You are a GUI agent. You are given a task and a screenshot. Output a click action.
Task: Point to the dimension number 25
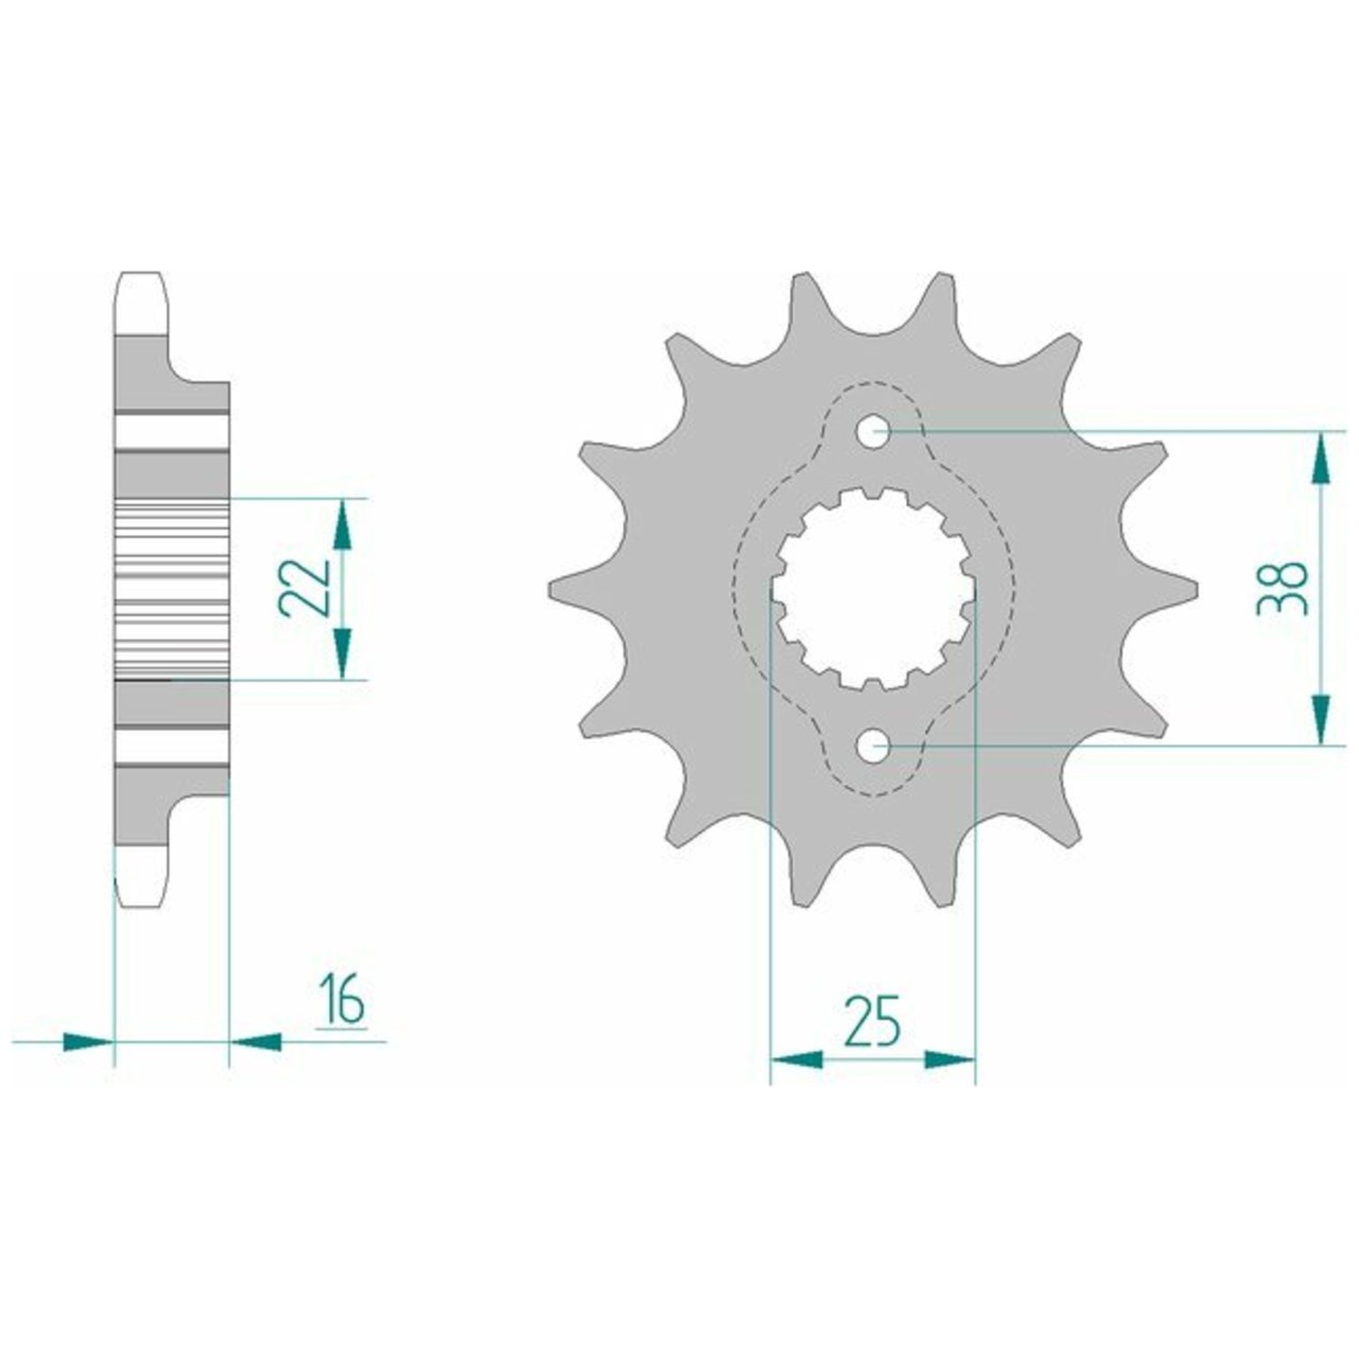pyautogui.click(x=872, y=1020)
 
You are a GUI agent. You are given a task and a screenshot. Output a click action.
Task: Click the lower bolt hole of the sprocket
pyautogui.click(x=873, y=747)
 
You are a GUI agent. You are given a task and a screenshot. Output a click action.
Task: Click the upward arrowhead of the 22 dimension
pyautogui.click(x=342, y=525)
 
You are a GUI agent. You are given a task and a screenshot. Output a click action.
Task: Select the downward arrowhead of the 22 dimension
pyautogui.click(x=342, y=653)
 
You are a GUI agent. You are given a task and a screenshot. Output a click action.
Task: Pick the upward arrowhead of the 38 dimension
pyautogui.click(x=1322, y=458)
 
